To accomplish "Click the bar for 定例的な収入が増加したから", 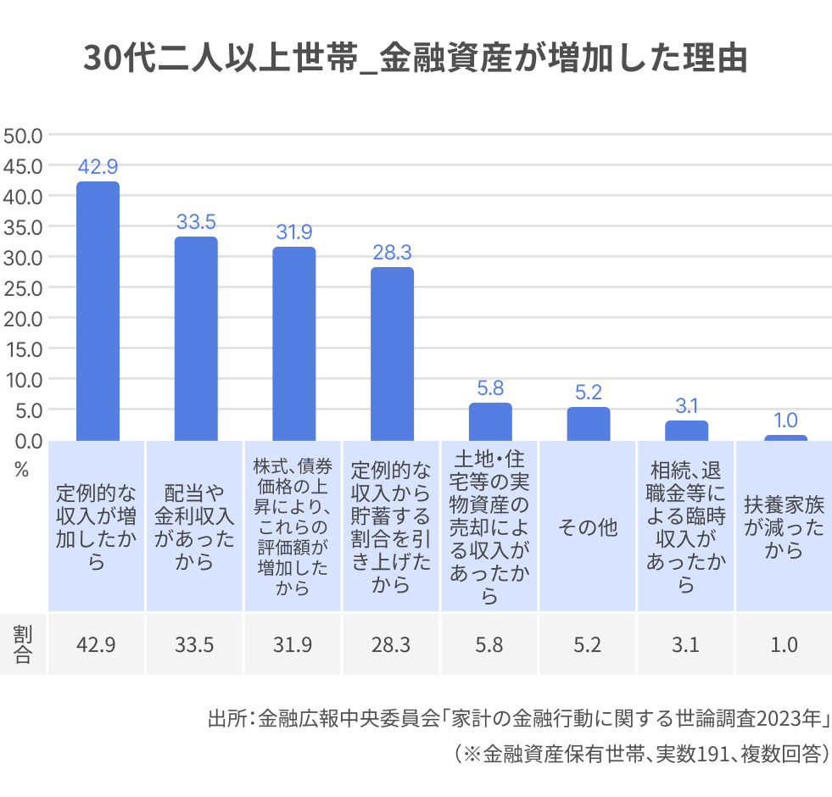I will click(98, 311).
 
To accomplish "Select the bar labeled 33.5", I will click(196, 338).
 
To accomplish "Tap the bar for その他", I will click(588, 424).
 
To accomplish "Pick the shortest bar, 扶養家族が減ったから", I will click(785, 438).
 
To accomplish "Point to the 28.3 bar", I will click(392, 354).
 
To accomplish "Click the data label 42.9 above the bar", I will click(98, 167).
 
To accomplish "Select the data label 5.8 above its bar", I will click(490, 388).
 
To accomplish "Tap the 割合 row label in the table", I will click(22, 644).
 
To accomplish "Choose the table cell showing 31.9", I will click(293, 644).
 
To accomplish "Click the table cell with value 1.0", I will click(785, 644).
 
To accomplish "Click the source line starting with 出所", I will click(517, 719).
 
